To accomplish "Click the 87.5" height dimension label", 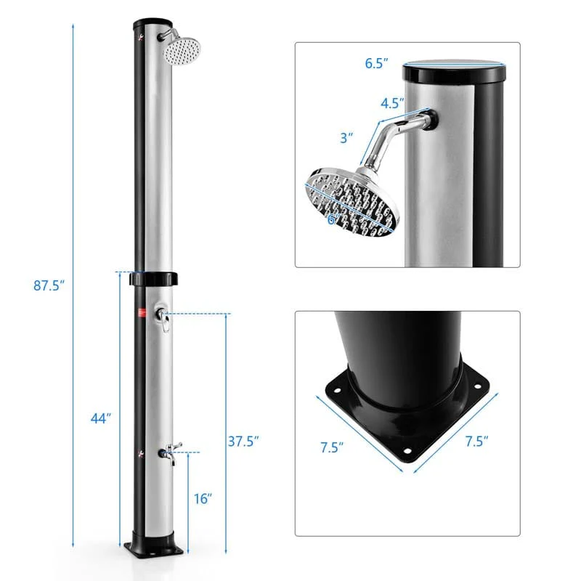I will (49, 285).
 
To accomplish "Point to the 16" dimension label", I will (203, 498).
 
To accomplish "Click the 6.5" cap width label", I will (377, 62).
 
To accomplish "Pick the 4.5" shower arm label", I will (393, 102).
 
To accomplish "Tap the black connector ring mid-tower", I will (153, 279).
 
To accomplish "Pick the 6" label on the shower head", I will (333, 219).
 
